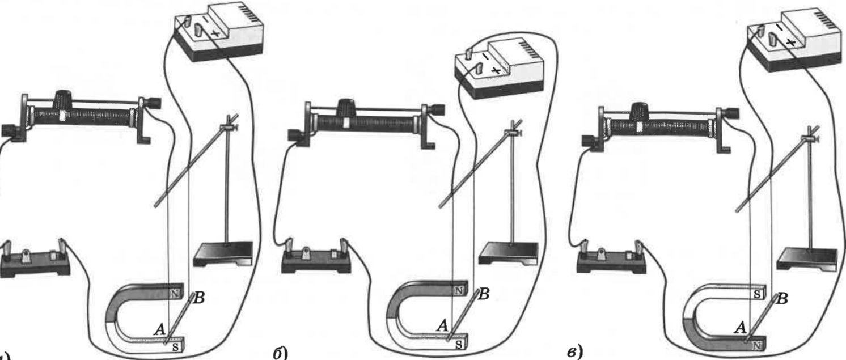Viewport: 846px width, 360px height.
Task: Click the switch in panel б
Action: pyautogui.click(x=318, y=256)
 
